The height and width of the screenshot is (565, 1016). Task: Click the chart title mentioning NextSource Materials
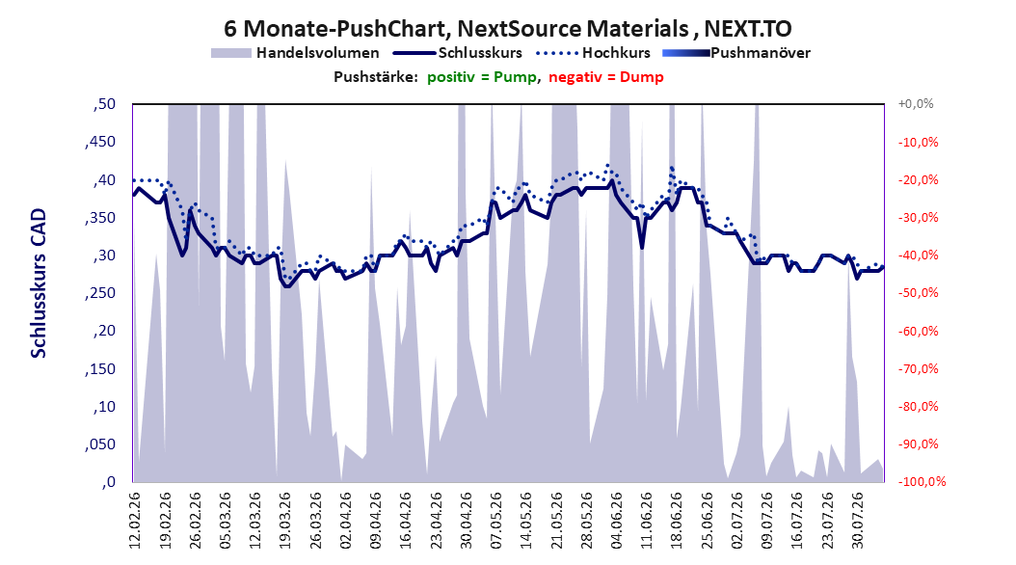point(507,29)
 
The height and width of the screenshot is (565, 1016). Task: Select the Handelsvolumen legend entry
point(296,53)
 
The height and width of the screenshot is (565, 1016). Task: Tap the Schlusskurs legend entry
point(458,53)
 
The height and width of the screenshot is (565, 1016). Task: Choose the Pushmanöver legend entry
point(736,53)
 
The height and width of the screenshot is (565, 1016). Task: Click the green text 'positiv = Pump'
point(482,77)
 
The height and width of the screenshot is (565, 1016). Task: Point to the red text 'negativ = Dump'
point(606,77)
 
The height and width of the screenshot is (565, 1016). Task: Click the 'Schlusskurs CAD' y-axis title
point(39,283)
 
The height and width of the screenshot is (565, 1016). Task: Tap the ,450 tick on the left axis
point(100,142)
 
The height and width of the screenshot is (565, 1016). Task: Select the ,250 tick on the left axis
point(100,293)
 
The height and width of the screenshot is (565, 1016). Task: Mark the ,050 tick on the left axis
point(100,444)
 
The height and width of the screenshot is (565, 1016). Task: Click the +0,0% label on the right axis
point(916,104)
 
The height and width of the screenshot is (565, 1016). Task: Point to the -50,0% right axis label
point(918,293)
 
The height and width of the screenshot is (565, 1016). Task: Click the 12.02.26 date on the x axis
point(135,521)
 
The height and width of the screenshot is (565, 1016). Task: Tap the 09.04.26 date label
point(376,521)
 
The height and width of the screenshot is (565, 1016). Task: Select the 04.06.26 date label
point(617,521)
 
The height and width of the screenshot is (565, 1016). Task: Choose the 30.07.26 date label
point(858,521)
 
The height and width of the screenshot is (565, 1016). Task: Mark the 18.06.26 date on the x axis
point(677,521)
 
